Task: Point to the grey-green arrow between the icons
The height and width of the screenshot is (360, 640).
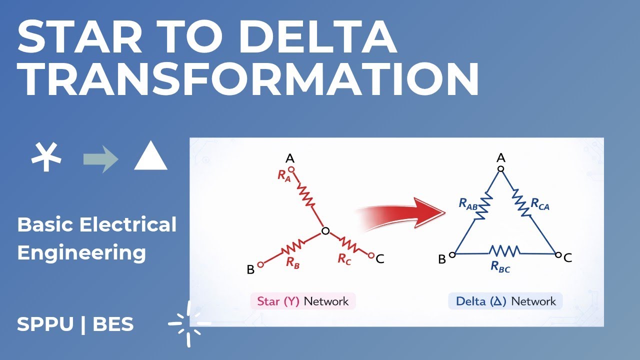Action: [100, 159]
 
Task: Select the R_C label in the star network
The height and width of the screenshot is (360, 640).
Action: [344, 258]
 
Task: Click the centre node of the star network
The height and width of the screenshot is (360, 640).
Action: [325, 231]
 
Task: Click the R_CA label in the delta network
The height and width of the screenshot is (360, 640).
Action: [540, 204]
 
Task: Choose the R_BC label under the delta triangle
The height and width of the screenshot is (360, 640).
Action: [500, 267]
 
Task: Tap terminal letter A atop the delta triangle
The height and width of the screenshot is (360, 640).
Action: [500, 158]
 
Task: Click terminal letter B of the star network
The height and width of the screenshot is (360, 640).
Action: [250, 270]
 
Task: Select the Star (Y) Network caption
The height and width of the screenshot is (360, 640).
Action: [303, 301]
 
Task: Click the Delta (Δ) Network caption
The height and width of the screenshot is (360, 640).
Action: [505, 301]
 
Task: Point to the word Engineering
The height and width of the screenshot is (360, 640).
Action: [81, 252]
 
